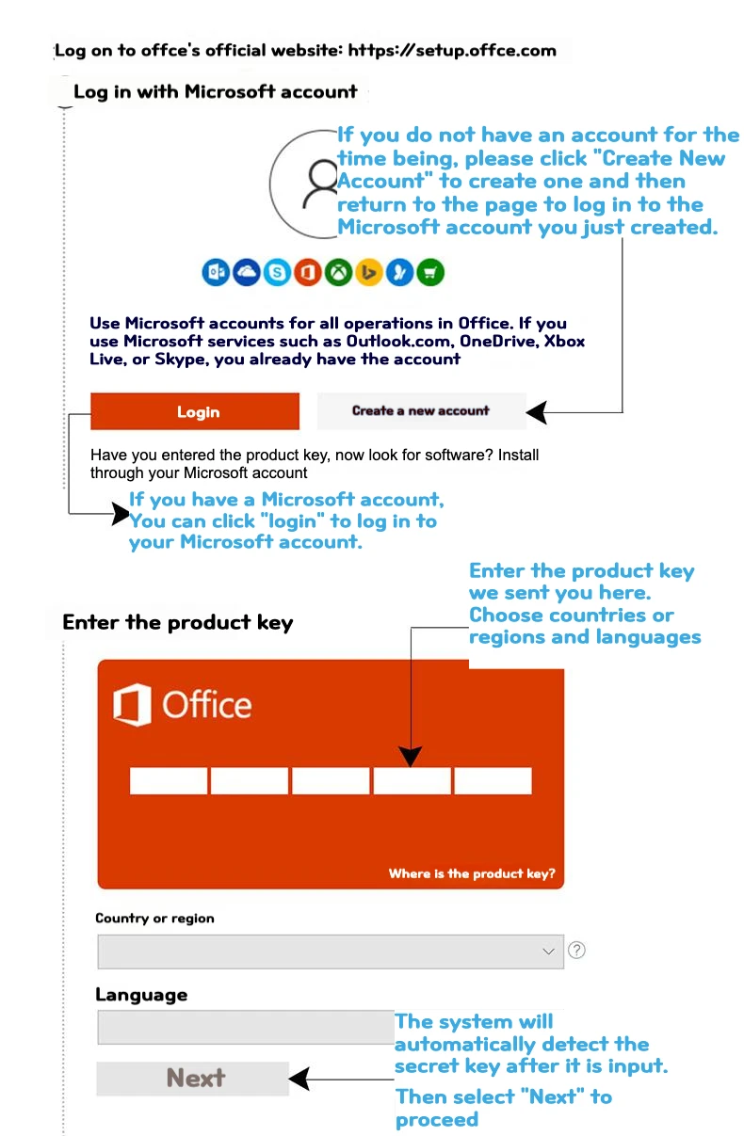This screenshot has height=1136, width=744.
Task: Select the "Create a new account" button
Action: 421,410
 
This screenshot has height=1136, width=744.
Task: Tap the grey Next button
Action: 193,1078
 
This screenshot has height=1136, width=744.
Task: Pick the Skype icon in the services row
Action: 277,273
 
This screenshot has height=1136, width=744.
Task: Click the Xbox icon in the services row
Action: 338,273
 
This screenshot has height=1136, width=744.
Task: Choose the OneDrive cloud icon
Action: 247,273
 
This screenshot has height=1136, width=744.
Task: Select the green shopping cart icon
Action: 430,273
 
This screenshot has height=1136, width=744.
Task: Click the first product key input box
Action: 169,781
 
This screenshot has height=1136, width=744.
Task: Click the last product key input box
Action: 493,781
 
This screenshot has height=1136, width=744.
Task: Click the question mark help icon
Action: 577,951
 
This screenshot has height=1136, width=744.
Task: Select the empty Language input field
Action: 245,1027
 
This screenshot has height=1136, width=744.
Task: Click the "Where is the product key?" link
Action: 472,873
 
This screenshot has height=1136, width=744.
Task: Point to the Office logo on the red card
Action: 183,705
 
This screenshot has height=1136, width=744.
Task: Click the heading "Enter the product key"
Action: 177,623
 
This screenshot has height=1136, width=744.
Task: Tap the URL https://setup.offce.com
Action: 452,50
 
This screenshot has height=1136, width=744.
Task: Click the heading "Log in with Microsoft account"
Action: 215,91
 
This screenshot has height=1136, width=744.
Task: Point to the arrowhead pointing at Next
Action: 299,1079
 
